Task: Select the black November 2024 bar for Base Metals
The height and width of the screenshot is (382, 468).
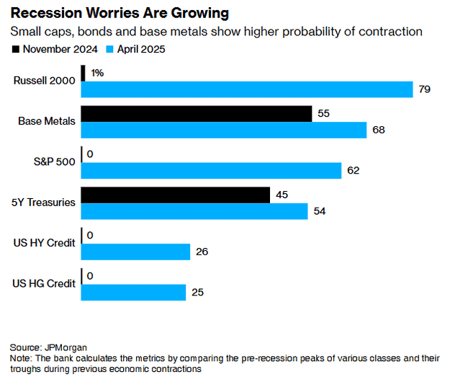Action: coord(196,114)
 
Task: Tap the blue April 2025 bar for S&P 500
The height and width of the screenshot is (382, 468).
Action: coord(211,171)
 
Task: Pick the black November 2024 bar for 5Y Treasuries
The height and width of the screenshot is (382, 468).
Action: coord(175,195)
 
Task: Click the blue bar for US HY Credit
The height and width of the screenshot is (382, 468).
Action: coord(135,252)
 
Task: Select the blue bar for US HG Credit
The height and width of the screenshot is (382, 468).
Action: coord(133,293)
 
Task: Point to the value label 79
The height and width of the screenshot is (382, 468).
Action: coord(424,89)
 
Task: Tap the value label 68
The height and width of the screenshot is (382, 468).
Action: coord(378,130)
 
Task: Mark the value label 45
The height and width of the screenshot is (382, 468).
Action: coord(282,195)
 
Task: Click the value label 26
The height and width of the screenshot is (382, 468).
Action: coord(202,252)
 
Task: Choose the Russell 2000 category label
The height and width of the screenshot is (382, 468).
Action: coord(44,81)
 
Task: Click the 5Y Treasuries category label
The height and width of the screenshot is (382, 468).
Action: coord(43,203)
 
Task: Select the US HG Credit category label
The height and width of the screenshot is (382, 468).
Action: coord(43,283)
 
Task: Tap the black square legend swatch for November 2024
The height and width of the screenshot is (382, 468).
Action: coord(15,49)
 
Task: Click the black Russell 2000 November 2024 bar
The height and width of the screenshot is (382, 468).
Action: coord(84,73)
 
